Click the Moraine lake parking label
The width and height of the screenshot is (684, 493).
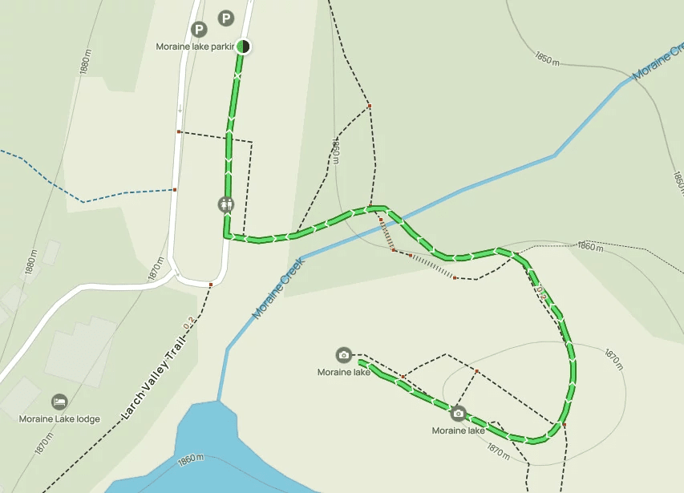click(195, 46)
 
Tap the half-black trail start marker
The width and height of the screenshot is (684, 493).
click(243, 46)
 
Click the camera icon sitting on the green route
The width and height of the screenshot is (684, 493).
click(458, 414)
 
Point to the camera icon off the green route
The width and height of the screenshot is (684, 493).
click(343, 354)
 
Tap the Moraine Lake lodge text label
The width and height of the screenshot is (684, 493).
click(60, 418)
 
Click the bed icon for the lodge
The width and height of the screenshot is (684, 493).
click(59, 401)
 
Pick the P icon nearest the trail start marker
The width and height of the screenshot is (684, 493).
click(226, 18)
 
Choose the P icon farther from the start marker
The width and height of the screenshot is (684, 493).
click(199, 30)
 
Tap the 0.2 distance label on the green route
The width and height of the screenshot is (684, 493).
click(542, 293)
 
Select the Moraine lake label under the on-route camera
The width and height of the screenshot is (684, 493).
click(459, 430)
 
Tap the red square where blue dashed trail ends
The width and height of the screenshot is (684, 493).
click(175, 190)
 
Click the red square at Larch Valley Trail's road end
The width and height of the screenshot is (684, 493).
click(211, 285)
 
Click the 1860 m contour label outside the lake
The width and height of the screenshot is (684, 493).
click(589, 247)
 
